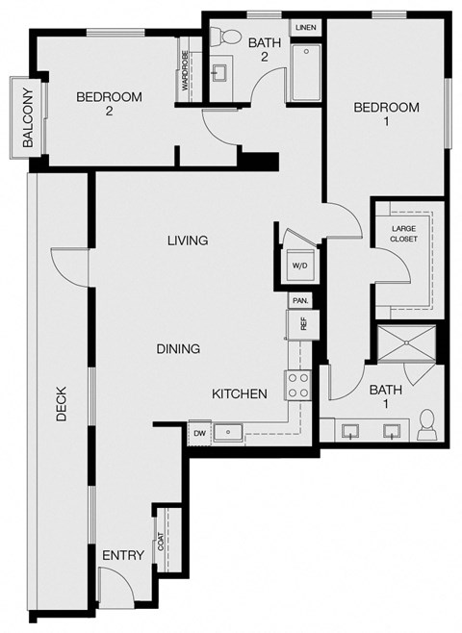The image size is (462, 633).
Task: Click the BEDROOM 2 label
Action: click(x=109, y=104)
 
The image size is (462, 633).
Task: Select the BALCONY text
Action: click(x=28, y=117)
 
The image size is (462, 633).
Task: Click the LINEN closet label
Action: click(x=305, y=27)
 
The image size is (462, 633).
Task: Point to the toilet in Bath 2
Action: click(x=229, y=38)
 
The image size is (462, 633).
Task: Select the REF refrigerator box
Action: click(x=302, y=325)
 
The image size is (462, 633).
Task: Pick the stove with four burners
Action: click(x=297, y=386)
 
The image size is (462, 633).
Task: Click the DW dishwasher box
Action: click(x=200, y=433)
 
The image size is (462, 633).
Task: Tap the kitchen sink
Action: click(x=228, y=433)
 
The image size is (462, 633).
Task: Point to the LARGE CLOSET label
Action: click(x=403, y=234)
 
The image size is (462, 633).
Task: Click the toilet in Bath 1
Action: click(x=428, y=422)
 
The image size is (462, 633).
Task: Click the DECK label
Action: click(x=61, y=404)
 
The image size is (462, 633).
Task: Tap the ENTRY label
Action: click(x=123, y=555)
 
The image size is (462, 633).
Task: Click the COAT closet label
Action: click(x=160, y=543)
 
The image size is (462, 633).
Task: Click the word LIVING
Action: click(x=187, y=241)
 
